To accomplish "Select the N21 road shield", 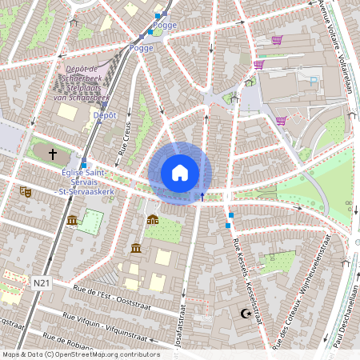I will (x=42, y=282).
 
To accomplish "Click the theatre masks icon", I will (x=26, y=192).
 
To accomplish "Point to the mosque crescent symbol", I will (x=246, y=314).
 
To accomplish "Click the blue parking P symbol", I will (x=313, y=81).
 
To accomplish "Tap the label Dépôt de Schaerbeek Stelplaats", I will (x=82, y=82).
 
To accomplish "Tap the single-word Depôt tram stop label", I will (x=105, y=115).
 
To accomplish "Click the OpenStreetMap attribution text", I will (x=81, y=354).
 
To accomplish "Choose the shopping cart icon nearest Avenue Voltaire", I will (x=277, y=40).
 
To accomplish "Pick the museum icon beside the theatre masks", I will (x=72, y=220).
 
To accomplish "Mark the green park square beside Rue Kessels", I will (x=278, y=262).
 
